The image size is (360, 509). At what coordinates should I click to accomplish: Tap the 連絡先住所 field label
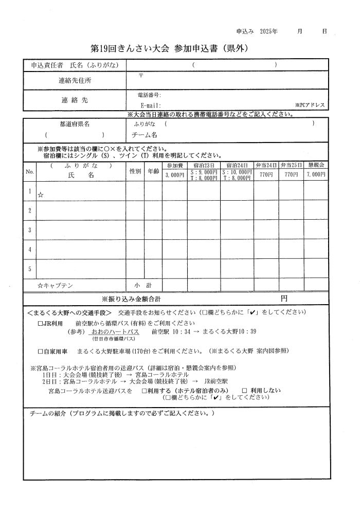(x=75, y=81)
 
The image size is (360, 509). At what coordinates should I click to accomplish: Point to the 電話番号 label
(x=150, y=95)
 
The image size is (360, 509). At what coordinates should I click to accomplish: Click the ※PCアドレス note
(x=310, y=105)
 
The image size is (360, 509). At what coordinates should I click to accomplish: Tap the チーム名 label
(x=145, y=135)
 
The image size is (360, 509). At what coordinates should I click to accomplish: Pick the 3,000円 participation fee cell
(x=175, y=175)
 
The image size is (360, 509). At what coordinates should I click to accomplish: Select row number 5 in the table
(x=30, y=268)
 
